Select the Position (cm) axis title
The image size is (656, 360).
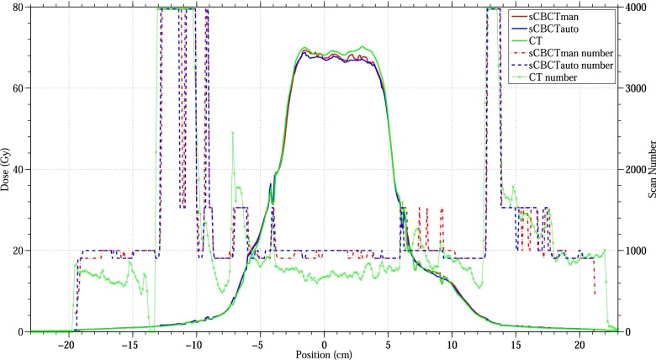click(324, 354)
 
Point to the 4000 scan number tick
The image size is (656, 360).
click(632, 8)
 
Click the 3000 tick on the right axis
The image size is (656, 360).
click(632, 88)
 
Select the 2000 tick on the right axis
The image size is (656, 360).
click(632, 170)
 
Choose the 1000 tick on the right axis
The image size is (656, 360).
click(632, 251)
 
